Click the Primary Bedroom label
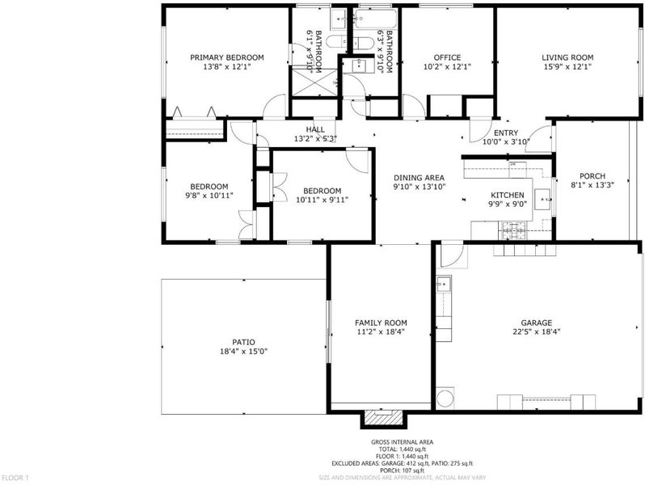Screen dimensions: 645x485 [226, 57]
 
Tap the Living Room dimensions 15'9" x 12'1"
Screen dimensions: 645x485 [567, 66]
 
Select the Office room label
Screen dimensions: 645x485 [447, 57]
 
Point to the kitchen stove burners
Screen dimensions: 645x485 [513, 230]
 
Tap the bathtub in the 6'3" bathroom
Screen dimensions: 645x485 [375, 19]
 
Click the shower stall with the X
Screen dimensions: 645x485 [314, 82]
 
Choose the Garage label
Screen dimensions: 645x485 [537, 323]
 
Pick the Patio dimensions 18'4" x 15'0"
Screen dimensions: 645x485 [243, 352]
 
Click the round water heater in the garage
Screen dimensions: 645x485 [445, 398]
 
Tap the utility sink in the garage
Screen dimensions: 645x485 [444, 284]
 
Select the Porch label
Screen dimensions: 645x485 [592, 176]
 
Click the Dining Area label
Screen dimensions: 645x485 [419, 178]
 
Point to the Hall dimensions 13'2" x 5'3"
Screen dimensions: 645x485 [315, 139]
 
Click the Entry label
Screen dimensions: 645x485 [506, 133]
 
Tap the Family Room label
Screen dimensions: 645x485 [381, 323]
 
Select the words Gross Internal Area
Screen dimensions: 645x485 [402, 442]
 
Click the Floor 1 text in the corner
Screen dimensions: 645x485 [15, 478]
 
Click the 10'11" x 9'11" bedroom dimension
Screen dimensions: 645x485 [322, 200]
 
